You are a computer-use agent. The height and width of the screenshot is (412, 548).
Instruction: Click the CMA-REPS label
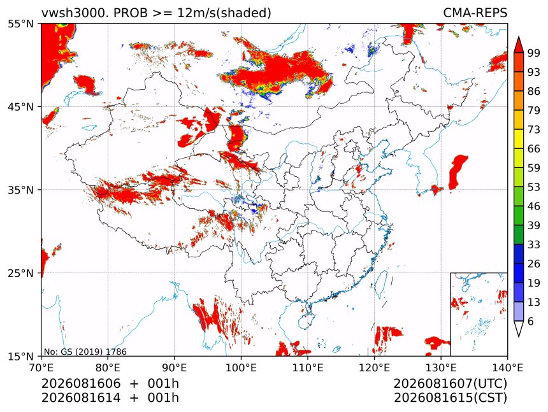tap(475, 13)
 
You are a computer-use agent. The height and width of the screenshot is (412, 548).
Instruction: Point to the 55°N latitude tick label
tap(21, 24)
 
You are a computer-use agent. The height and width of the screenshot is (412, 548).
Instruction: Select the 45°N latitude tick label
tap(21, 106)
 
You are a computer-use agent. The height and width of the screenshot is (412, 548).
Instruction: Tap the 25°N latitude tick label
tap(21, 273)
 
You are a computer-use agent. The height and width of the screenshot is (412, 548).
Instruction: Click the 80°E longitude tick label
tap(108, 367)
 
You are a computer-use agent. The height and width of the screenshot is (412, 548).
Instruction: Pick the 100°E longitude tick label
tap(241, 367)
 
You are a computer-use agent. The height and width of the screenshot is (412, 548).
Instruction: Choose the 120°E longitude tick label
tap(374, 367)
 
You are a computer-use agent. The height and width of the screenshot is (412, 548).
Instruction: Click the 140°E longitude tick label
tap(507, 367)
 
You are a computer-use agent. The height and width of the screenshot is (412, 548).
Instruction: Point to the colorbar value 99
tap(534, 53)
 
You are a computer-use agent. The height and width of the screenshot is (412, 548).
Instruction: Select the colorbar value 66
tap(534, 149)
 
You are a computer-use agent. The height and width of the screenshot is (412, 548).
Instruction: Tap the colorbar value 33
tap(534, 245)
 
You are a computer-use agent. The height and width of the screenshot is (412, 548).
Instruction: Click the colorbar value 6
tap(531, 321)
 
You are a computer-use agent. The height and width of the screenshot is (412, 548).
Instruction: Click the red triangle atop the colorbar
tap(519, 45)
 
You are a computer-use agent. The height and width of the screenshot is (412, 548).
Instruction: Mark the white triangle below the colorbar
tap(519, 329)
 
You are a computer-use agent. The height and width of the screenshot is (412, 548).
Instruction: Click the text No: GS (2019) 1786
tap(85, 352)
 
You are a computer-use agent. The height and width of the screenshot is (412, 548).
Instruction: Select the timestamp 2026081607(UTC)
tap(450, 383)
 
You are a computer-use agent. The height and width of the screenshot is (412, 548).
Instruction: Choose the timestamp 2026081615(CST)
tap(450, 398)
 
